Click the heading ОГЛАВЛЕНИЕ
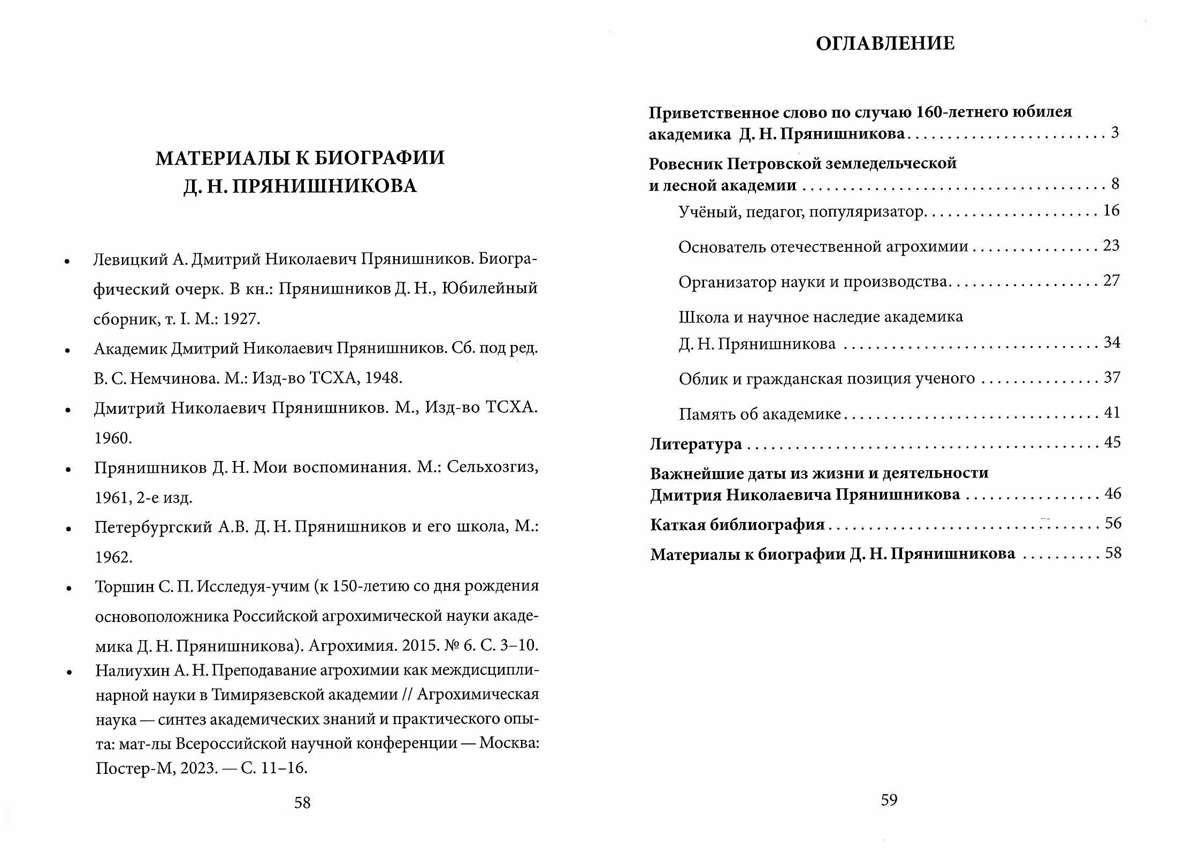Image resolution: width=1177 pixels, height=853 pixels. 885,43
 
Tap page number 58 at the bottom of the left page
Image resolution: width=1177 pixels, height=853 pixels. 302,802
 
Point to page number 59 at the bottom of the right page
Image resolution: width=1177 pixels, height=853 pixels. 889,800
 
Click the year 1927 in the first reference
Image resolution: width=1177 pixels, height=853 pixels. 241,319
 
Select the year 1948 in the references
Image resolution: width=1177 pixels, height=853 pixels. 383,378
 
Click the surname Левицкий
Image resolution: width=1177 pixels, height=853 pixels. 131,259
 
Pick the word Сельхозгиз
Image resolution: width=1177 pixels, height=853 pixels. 492,467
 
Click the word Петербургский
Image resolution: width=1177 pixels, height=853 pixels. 153,527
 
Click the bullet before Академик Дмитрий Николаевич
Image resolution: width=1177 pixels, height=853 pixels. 67,351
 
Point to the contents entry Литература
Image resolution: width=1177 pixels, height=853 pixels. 695,444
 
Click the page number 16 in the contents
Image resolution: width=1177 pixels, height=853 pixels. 1111,211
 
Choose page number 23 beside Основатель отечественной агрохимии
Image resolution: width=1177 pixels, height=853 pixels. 1111,245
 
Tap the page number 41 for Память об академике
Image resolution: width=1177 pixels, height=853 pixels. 1112,412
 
